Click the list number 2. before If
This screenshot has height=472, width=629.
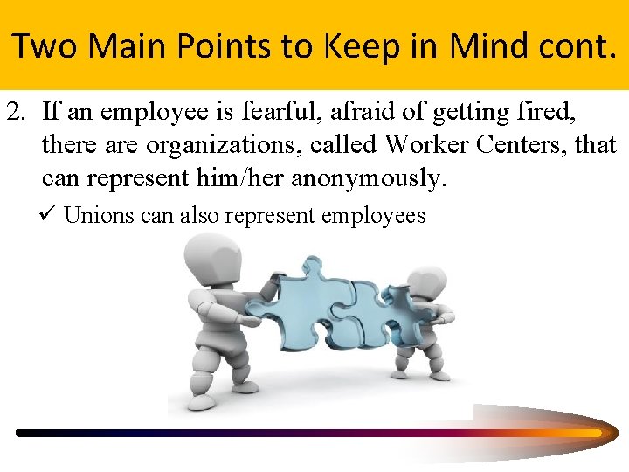(19, 111)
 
